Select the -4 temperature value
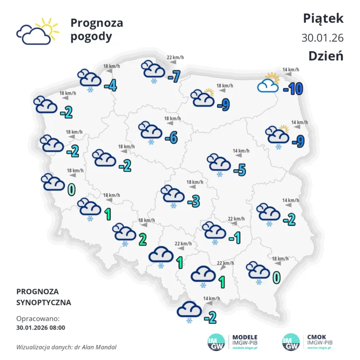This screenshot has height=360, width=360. click(x=110, y=85)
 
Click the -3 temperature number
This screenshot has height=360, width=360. click(x=194, y=202)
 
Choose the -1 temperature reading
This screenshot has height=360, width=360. click(x=234, y=238)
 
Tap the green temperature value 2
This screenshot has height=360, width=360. click(x=142, y=239)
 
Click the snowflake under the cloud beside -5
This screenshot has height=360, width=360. click(x=219, y=174)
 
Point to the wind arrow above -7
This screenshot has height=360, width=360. click(x=172, y=62)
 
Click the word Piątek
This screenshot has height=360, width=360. click(x=323, y=18)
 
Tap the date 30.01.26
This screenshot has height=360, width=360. click(x=322, y=37)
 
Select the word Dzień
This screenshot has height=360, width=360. click(x=326, y=55)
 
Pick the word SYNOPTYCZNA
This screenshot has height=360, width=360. click(x=44, y=302)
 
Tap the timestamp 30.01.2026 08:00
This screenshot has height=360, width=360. click(x=41, y=328)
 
